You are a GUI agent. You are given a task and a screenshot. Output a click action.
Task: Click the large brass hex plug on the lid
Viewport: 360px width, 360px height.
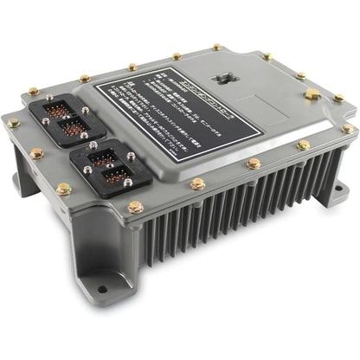point(312,93)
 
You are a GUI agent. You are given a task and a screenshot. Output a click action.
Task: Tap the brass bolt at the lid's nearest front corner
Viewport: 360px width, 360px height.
point(135,208)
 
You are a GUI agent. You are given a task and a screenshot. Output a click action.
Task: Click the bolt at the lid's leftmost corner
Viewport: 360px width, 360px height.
point(13,124)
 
